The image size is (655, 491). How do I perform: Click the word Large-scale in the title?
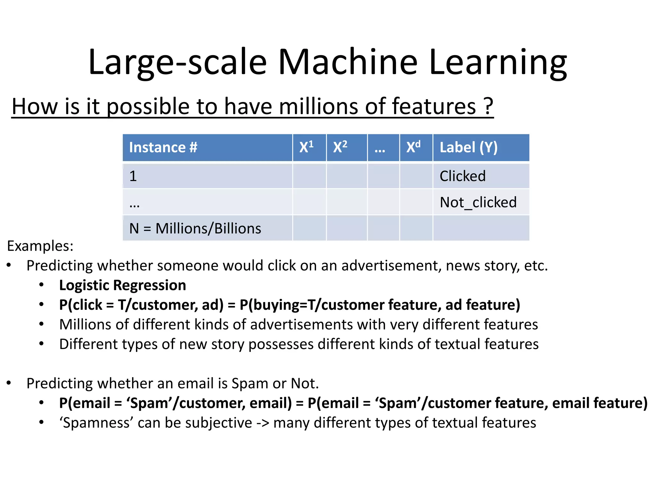click(178, 62)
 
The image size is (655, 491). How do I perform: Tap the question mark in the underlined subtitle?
click(488, 106)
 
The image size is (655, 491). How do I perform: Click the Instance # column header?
click(163, 148)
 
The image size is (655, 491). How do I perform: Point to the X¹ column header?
click(306, 148)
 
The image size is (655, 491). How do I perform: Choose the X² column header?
click(340, 148)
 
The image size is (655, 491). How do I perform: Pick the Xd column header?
click(413, 148)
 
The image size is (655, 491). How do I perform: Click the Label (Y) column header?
click(469, 148)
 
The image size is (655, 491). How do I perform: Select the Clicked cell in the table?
click(462, 176)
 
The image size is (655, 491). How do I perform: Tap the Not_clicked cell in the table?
click(478, 202)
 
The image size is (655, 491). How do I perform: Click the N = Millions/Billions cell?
click(195, 229)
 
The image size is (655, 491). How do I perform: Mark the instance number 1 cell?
click(133, 176)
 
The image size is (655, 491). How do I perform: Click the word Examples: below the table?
click(40, 246)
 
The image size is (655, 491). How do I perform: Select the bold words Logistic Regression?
click(122, 285)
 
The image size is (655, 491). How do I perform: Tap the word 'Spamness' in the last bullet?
click(96, 423)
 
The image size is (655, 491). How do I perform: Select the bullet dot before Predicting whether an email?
click(9, 383)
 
